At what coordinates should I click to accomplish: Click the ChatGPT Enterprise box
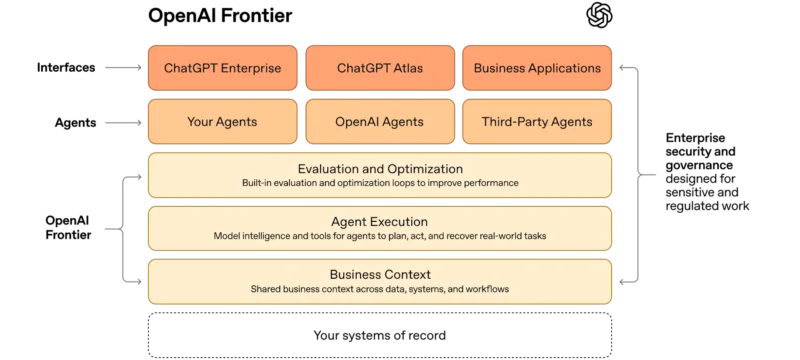pyautogui.click(x=221, y=68)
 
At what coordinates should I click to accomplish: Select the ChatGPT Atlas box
pyautogui.click(x=379, y=68)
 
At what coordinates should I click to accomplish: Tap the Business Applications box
pyautogui.click(x=537, y=68)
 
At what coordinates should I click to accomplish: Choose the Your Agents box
pyautogui.click(x=221, y=122)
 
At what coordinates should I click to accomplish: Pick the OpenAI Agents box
pyautogui.click(x=379, y=122)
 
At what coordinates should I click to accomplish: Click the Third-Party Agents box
pyautogui.click(x=537, y=122)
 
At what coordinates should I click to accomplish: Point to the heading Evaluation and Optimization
pyautogui.click(x=379, y=169)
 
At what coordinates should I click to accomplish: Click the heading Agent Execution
pyautogui.click(x=379, y=222)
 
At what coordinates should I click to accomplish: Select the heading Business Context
pyautogui.click(x=379, y=274)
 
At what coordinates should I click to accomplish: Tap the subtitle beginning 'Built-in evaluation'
pyautogui.click(x=379, y=184)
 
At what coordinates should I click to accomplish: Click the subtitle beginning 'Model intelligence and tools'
pyautogui.click(x=379, y=236)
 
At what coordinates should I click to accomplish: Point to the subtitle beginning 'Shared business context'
pyautogui.click(x=379, y=289)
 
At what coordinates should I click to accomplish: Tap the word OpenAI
pyautogui.click(x=356, y=122)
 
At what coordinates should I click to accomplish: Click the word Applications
pyautogui.click(x=565, y=68)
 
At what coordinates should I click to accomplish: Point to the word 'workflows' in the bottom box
pyautogui.click(x=484, y=289)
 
